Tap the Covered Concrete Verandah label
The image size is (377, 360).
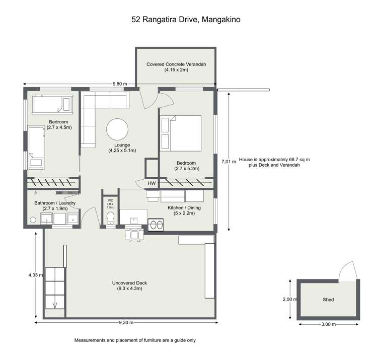176,67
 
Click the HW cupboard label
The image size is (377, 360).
152,183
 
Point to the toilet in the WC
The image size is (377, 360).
111,218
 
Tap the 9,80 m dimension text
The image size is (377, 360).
120,84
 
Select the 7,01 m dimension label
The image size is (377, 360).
229,162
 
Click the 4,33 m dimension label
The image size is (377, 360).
35,275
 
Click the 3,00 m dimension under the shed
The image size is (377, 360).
328,325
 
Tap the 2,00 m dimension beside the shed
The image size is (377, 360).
289,299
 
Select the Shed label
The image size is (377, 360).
328,300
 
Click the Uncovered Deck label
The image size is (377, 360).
129,285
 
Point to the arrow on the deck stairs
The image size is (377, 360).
54,304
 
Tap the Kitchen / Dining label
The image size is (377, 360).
181,210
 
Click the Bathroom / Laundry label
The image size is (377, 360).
55,205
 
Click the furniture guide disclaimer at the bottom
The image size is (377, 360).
135,340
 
